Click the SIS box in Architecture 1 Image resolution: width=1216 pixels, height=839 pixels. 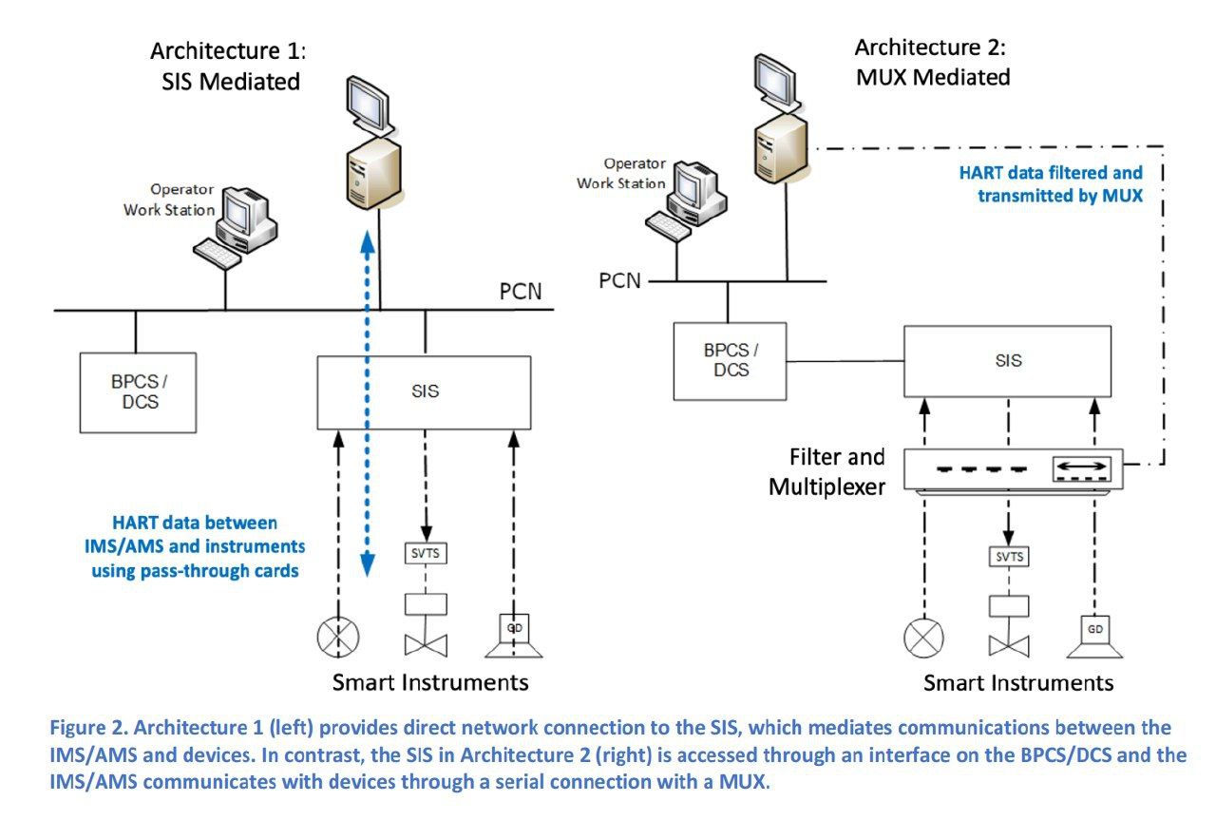tap(424, 391)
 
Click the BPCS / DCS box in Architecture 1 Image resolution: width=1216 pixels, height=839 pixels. tap(139, 391)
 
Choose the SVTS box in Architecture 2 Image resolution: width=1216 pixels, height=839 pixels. tap(1009, 557)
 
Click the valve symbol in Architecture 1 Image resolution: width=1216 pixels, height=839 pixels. tap(425, 644)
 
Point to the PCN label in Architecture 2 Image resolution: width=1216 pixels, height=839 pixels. tap(619, 280)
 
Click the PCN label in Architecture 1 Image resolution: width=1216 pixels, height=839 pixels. tap(521, 291)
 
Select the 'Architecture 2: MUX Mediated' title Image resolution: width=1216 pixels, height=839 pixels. tap(932, 62)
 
